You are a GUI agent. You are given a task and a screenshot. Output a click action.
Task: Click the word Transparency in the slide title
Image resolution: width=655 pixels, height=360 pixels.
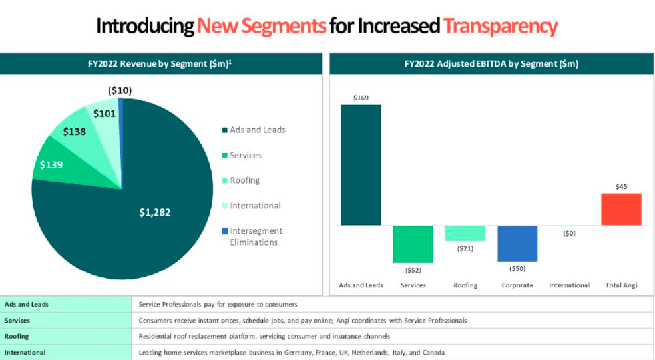500,26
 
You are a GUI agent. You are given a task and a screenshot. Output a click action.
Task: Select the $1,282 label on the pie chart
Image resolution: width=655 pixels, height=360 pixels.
155,212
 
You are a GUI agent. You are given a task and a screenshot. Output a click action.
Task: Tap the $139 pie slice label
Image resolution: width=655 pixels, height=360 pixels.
51,164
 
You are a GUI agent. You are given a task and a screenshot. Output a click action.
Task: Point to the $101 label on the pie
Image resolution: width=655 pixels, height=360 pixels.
104,114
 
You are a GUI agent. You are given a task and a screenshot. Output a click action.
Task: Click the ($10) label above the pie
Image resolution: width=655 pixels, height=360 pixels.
120,90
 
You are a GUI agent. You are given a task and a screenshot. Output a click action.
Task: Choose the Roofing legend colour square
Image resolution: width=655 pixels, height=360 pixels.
224,180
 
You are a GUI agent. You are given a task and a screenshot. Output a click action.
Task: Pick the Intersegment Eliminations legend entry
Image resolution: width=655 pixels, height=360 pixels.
256,236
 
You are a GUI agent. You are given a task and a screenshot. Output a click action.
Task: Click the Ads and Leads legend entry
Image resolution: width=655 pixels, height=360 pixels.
257,130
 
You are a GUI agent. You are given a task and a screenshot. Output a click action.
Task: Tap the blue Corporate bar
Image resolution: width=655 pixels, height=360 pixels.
517,243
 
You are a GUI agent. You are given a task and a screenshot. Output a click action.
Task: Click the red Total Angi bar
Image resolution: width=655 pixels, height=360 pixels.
621,209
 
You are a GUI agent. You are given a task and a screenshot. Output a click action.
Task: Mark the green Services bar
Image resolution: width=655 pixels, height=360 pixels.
413,244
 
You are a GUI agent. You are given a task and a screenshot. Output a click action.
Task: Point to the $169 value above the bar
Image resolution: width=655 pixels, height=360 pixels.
361,97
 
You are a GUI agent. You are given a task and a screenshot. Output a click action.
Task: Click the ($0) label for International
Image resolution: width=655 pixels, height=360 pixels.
569,234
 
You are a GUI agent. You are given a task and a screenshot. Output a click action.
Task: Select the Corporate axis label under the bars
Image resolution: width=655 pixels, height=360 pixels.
517,285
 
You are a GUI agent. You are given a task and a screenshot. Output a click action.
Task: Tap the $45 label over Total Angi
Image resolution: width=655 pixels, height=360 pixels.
621,186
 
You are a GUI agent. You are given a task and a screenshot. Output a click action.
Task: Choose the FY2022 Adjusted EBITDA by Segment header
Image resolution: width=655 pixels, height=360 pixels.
491,64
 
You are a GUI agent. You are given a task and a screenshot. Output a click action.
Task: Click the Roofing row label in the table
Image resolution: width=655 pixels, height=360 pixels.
17,336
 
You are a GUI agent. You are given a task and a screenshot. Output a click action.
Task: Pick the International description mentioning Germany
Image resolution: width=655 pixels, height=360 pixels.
292,352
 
